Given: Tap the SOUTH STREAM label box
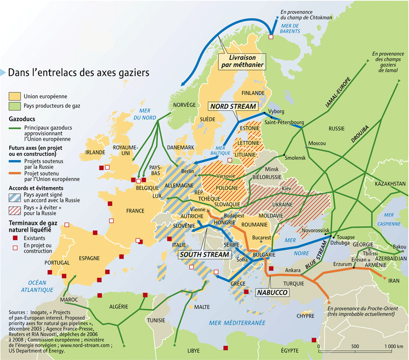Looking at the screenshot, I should coord(204,254).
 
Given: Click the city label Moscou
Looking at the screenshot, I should coord(317,143).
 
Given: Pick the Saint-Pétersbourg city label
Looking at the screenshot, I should coord(284,123).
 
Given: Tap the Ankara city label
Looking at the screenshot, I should coord(293,270).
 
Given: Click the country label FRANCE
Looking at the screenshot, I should coord(134,211).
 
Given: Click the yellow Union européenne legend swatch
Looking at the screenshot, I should coord(15,96).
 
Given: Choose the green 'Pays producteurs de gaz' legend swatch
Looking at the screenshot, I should coord(15,106).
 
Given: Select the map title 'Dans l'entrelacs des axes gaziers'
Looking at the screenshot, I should coord(78,73).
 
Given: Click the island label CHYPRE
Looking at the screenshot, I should coord(305,316).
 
